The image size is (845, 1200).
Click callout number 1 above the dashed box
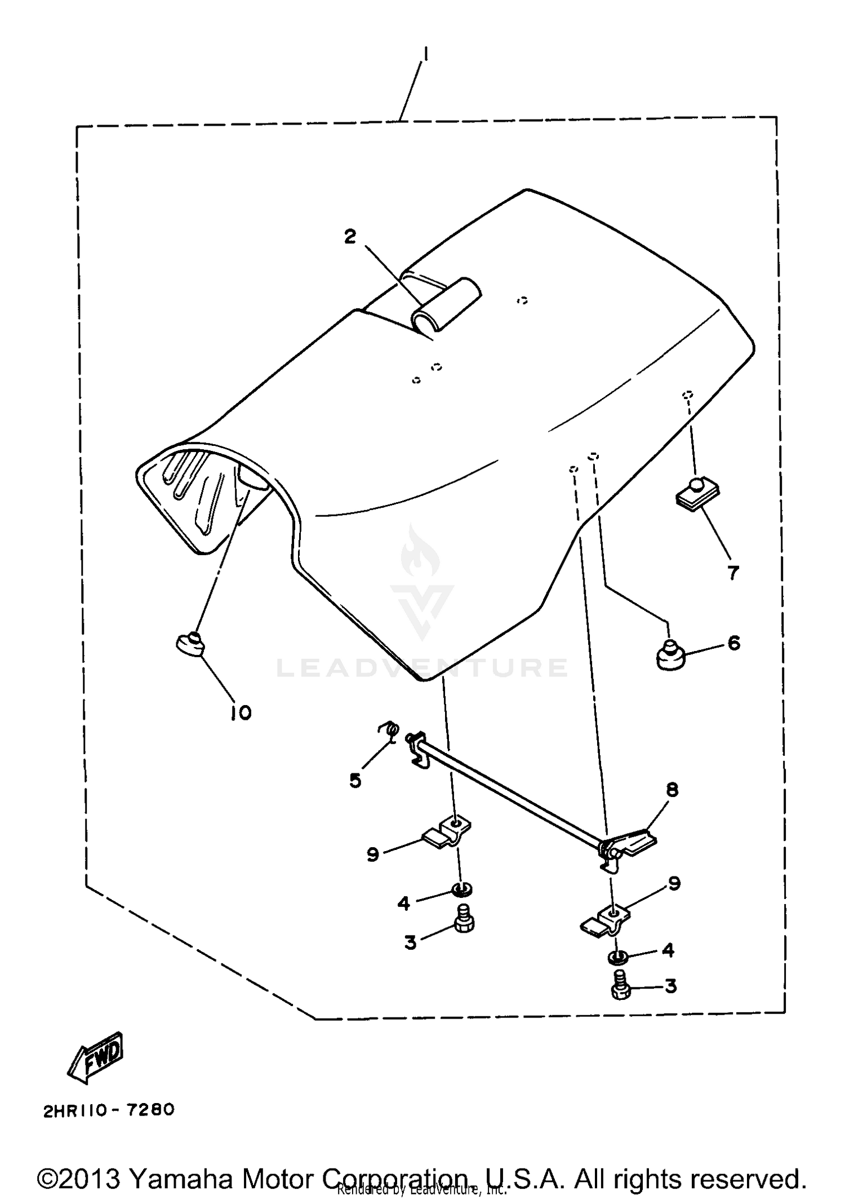click(426, 54)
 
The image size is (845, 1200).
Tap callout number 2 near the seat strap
click(350, 237)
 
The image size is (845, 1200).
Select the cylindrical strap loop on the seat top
click(446, 304)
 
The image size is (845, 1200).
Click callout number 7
click(732, 573)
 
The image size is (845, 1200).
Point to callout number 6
click(733, 643)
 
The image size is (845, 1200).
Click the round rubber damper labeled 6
click(669, 655)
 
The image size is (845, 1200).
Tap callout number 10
click(241, 713)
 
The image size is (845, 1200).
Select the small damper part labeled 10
click(190, 645)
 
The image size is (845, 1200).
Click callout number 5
click(355, 781)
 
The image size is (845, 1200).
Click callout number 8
click(671, 790)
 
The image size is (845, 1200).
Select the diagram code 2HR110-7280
click(108, 1110)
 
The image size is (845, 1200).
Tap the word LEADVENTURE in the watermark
click(422, 668)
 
